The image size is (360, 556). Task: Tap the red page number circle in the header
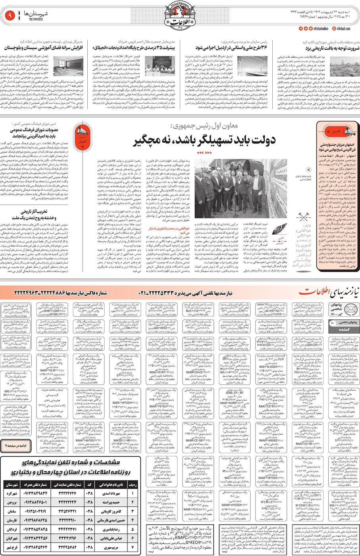[x=9, y=16]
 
